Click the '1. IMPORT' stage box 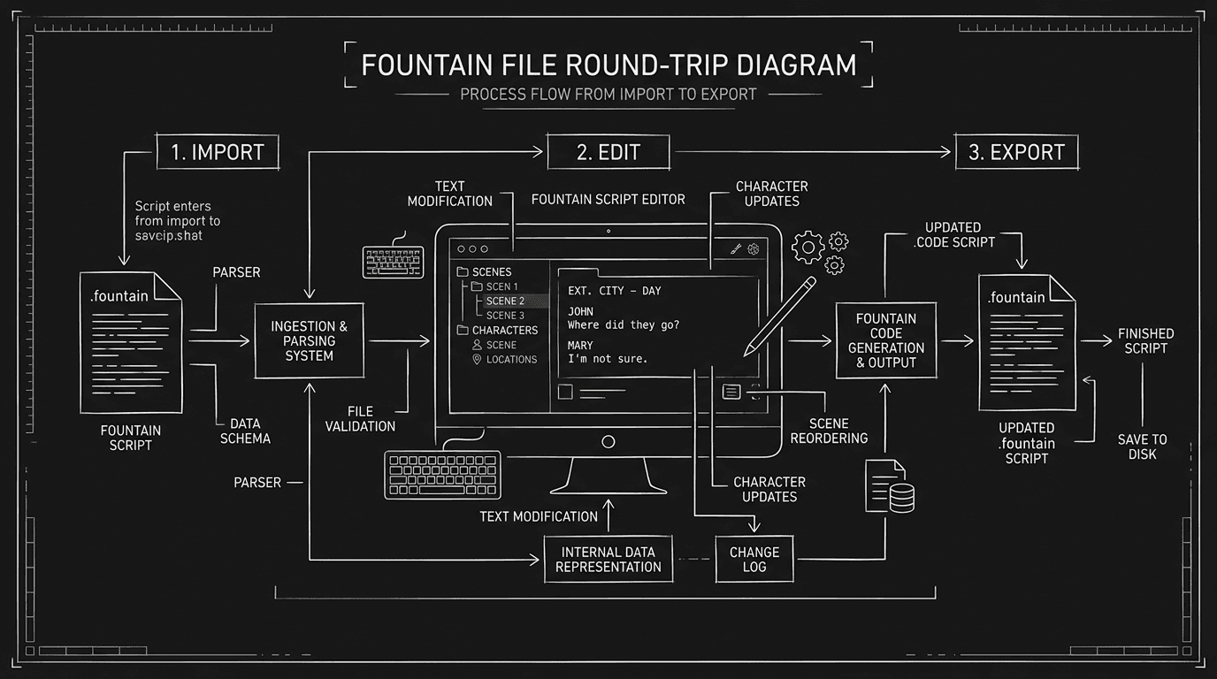[217, 151]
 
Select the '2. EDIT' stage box [608, 151]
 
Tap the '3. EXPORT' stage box [1015, 151]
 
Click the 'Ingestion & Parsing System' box [309, 341]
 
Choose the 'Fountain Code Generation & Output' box [886, 340]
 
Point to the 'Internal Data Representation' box [608, 560]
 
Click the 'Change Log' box [754, 560]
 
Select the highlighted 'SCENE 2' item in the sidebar [505, 301]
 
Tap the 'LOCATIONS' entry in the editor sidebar [510, 360]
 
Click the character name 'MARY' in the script [580, 345]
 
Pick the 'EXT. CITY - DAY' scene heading [614, 291]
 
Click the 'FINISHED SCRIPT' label [1145, 340]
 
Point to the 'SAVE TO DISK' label [1142, 446]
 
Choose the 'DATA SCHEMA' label [244, 431]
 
